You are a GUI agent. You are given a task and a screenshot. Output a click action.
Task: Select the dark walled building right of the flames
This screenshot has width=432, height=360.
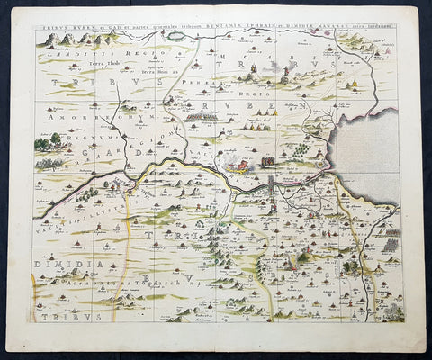pos(267,163)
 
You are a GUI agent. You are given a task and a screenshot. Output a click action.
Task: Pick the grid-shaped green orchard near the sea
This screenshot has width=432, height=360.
pos(390,245)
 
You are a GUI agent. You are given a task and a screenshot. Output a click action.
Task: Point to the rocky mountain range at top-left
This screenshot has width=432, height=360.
pos(72,39)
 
